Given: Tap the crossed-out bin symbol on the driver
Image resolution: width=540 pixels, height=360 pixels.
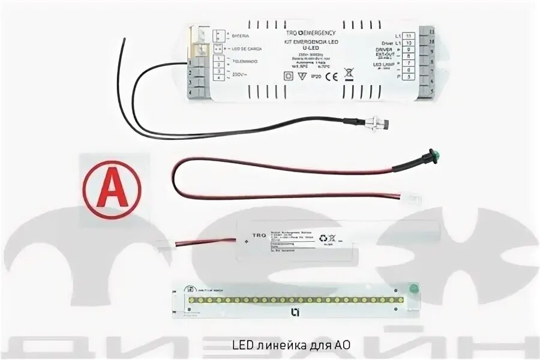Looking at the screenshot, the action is (350, 76).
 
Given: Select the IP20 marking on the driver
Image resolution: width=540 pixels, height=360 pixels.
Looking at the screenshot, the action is (314, 77).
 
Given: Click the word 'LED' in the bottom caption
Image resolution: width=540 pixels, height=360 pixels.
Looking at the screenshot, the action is (240, 346).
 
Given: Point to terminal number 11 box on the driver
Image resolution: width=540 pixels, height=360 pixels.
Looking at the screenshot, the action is (409, 37).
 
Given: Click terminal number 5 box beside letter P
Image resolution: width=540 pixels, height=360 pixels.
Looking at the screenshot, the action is (409, 77).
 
